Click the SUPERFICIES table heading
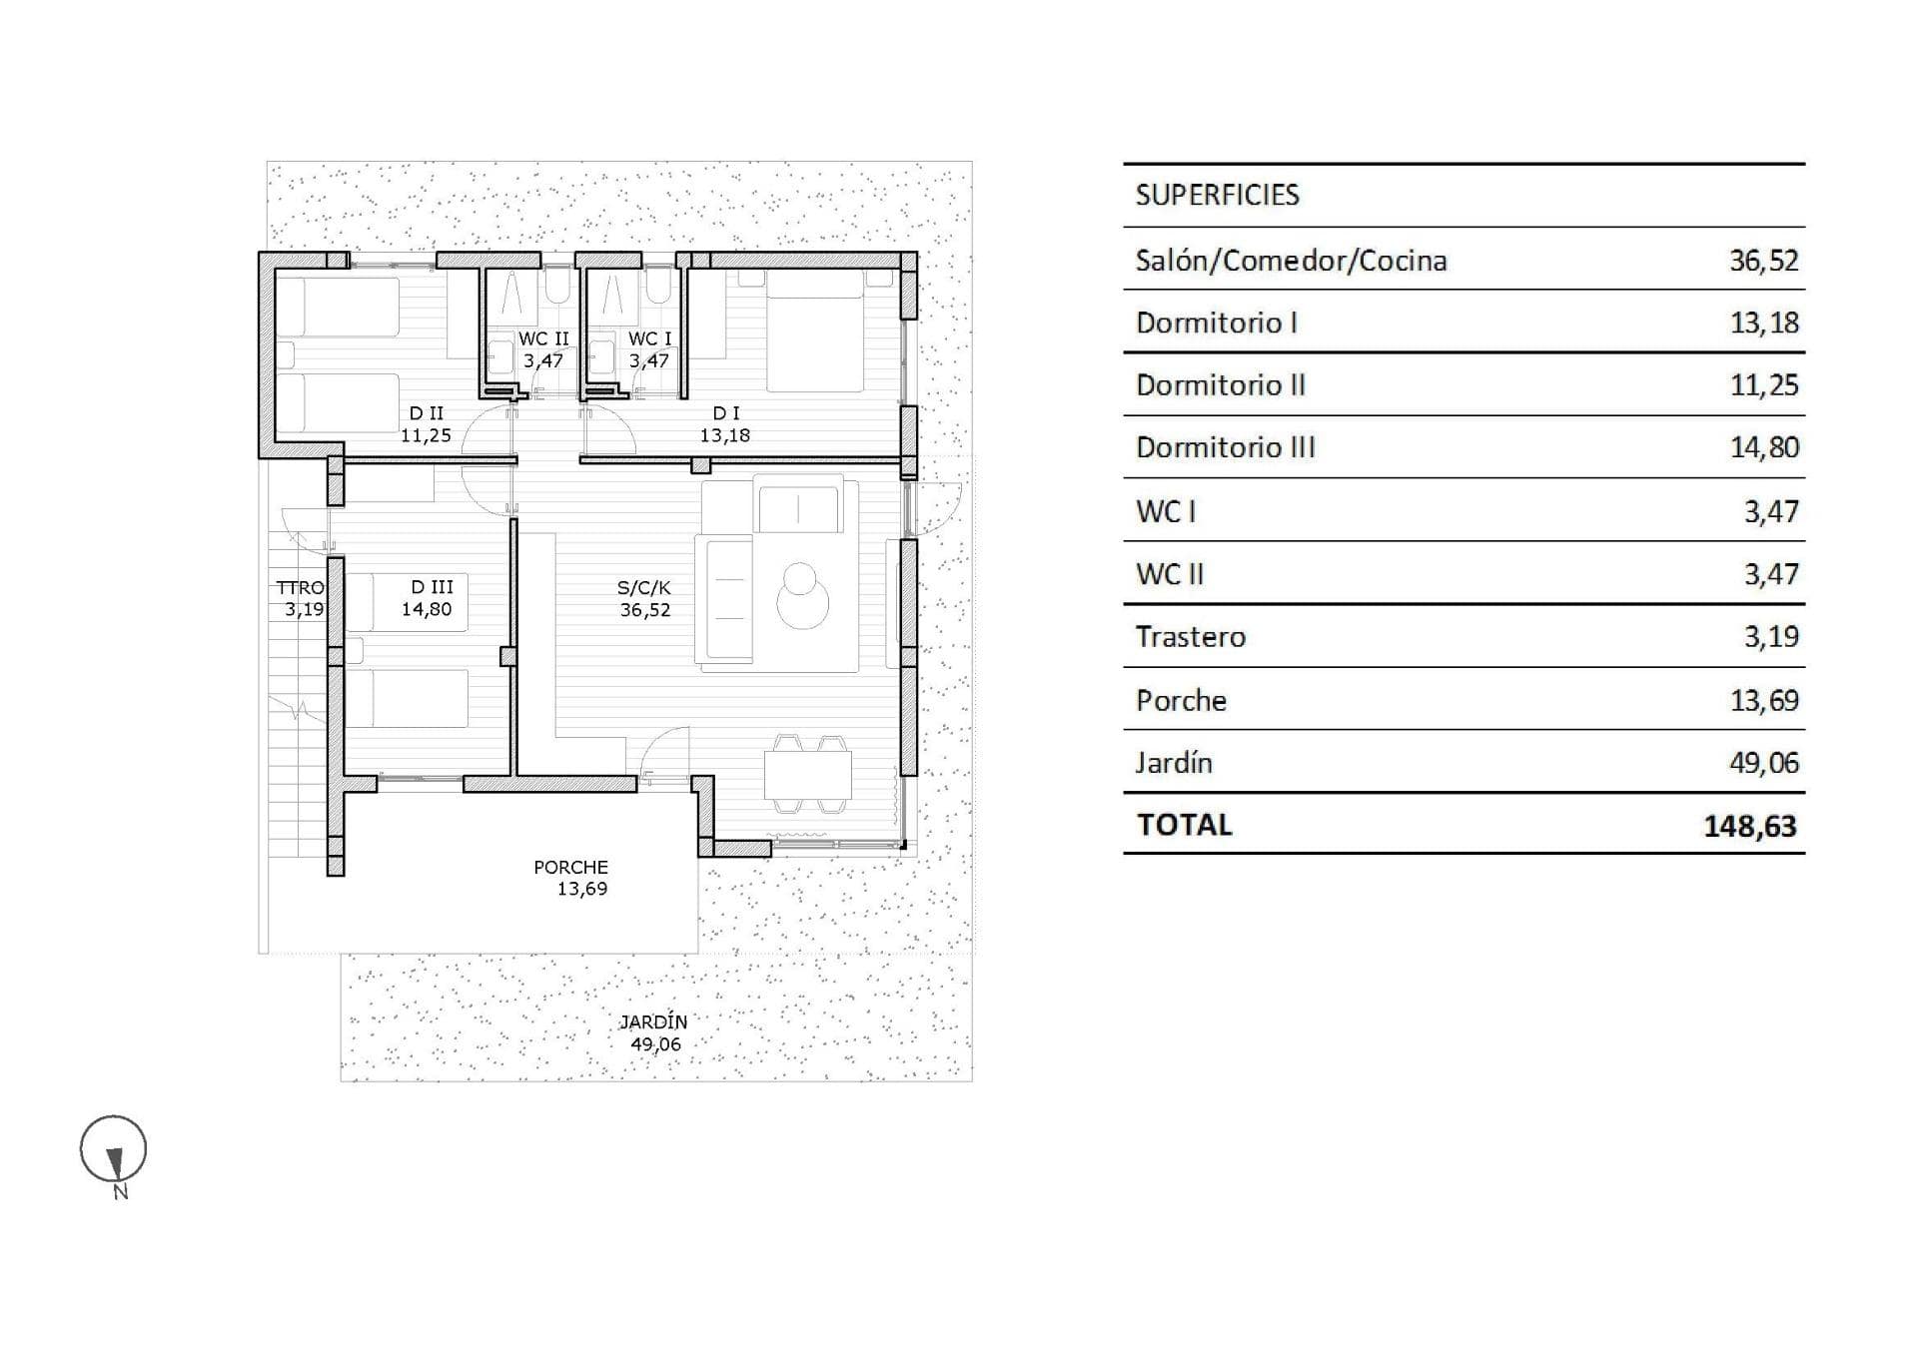(1217, 195)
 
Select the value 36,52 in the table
(1764, 261)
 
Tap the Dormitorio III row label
(1226, 447)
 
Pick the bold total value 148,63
(1750, 826)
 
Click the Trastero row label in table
(1191, 637)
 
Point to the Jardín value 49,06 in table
(1764, 763)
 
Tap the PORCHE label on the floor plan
(570, 868)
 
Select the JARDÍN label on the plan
(653, 1022)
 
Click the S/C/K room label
(644, 588)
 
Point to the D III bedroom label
(432, 587)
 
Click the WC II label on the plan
(543, 339)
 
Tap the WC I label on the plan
(650, 339)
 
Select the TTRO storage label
(301, 588)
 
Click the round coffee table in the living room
(802, 596)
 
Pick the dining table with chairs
(808, 775)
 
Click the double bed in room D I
(815, 331)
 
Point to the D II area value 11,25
(426, 435)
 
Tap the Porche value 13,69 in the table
(1764, 700)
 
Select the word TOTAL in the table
(1185, 825)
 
